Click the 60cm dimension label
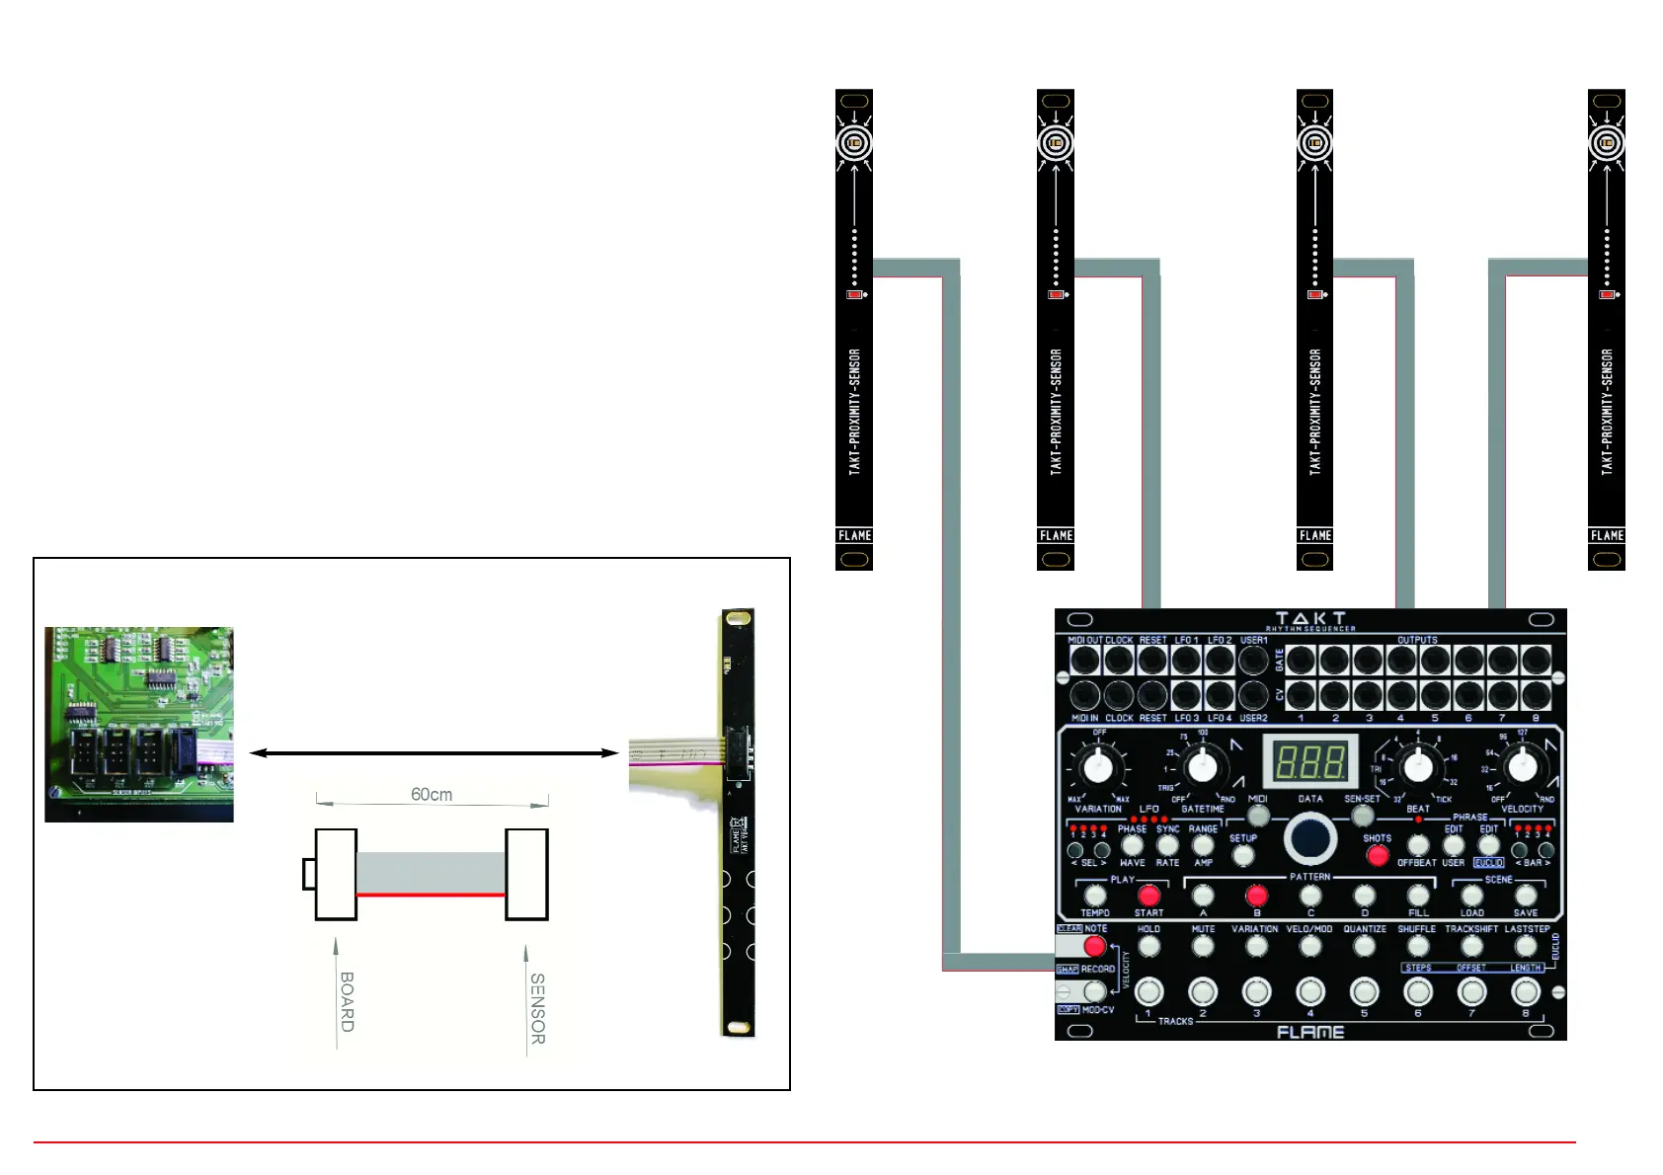432,795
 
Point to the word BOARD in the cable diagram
347,1001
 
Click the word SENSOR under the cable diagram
537,1008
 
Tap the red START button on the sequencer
1148,895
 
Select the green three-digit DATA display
1309,762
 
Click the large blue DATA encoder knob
1310,838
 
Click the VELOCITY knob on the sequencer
1522,764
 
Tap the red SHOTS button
1378,855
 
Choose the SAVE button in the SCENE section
1526,896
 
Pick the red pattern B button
1256,896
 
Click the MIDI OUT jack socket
1084,660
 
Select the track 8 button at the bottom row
1526,990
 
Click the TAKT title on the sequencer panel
1309,619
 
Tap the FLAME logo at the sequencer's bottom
1310,1032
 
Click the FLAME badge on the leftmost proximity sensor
854,535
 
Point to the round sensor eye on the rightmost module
1607,143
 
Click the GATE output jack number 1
1301,660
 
